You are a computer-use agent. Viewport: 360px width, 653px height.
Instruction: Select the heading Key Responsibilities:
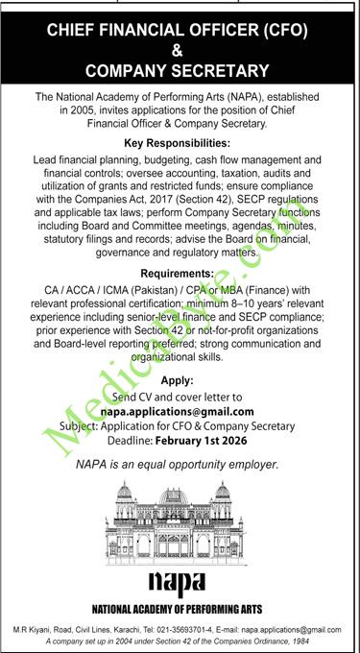click(x=180, y=140)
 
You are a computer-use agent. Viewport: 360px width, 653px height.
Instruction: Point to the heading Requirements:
click(x=180, y=274)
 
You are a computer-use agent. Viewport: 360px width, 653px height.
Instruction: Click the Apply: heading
click(x=180, y=379)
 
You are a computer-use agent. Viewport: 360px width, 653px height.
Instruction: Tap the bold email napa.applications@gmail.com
click(x=180, y=412)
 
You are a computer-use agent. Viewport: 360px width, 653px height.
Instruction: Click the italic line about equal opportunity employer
click(x=180, y=465)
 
